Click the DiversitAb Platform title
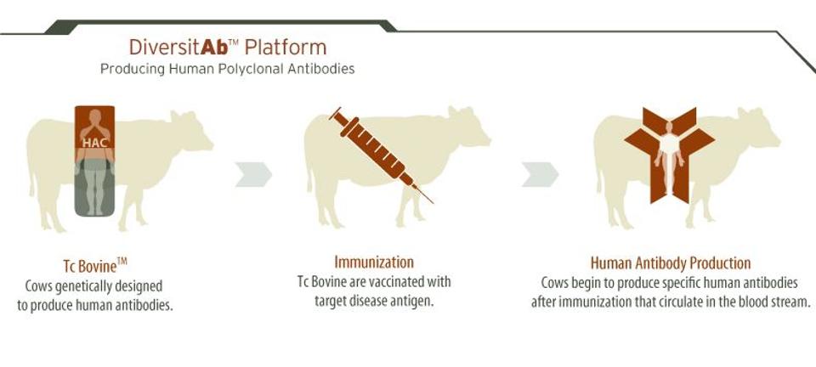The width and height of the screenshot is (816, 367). pos(228,48)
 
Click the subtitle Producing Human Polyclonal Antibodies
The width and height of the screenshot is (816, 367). pos(228,69)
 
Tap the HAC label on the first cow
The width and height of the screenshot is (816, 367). pos(94,143)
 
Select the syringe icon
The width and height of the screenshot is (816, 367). pos(381,155)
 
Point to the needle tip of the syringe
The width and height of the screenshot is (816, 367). pos(433,203)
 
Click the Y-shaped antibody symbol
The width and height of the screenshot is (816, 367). pos(669,155)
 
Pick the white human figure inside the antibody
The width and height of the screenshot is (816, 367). pos(669,158)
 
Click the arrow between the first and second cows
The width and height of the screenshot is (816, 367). pos(253,174)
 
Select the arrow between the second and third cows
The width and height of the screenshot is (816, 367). pos(541,174)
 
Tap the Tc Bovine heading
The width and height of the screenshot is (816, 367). pos(94,265)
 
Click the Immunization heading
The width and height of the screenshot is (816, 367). pos(374,262)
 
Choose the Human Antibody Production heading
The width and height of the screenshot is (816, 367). pos(671,263)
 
